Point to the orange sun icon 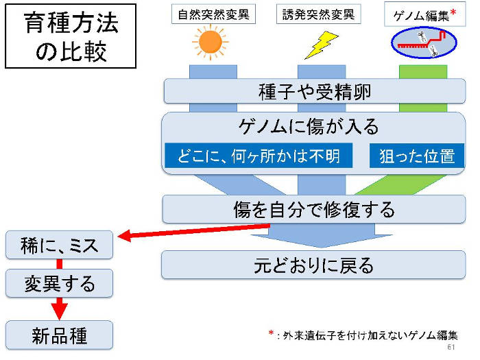[x=210, y=43]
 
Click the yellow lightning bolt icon [x=317, y=45]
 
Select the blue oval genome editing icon [x=421, y=43]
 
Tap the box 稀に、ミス [x=60, y=245]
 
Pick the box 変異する [x=60, y=282]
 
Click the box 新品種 [x=60, y=335]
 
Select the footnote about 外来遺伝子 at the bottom [x=363, y=335]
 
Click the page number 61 [x=451, y=348]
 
